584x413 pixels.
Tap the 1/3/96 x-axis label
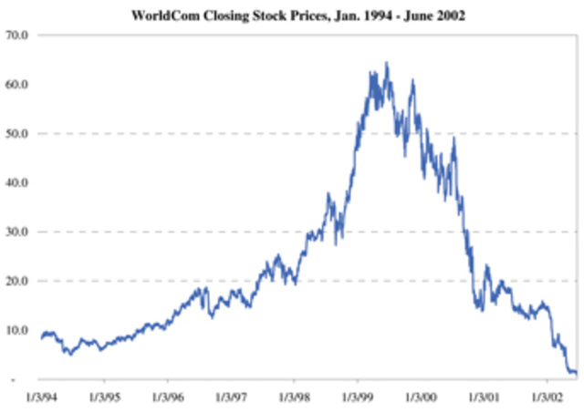coord(166,398)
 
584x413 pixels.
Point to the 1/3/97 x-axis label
coord(230,398)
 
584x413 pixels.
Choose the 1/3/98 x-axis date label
coord(293,398)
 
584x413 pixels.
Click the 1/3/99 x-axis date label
coord(357,398)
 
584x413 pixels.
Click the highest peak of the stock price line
coord(387,63)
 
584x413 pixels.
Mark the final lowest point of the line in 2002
coord(574,373)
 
